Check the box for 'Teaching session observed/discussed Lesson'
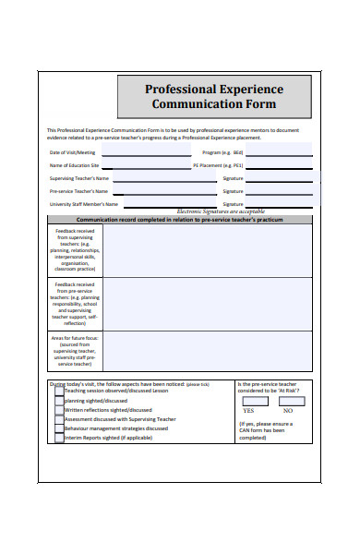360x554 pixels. (x=59, y=391)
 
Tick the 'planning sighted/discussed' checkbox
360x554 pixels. (x=59, y=402)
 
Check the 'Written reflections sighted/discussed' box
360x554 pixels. (x=59, y=411)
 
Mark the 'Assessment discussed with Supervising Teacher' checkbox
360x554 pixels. (x=59, y=419)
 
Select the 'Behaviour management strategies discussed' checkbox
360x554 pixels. (x=59, y=428)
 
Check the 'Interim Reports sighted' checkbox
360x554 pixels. (x=59, y=438)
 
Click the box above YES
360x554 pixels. (x=247, y=399)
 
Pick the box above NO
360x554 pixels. (x=288, y=399)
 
